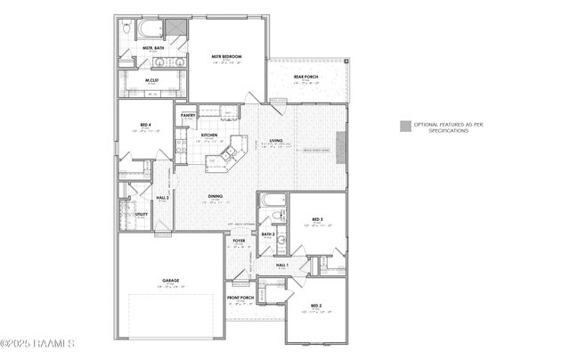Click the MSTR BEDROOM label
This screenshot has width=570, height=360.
pyautogui.click(x=227, y=57)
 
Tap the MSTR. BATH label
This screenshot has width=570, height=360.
pyautogui.click(x=153, y=47)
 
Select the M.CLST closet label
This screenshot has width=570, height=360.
pyautogui.click(x=152, y=80)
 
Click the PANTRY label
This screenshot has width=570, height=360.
pyautogui.click(x=188, y=115)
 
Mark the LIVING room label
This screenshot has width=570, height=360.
pyautogui.click(x=277, y=141)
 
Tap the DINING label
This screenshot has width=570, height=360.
pyautogui.click(x=216, y=196)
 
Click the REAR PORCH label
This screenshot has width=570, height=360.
pyautogui.click(x=306, y=77)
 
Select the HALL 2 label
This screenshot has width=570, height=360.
pyautogui.click(x=163, y=197)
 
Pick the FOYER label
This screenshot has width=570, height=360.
pyautogui.click(x=239, y=241)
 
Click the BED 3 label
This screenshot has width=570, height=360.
pyautogui.click(x=317, y=219)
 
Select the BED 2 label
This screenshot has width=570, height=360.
pyautogui.click(x=316, y=307)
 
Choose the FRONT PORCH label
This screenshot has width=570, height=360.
pyautogui.click(x=241, y=298)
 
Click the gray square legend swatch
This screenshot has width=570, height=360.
pyautogui.click(x=404, y=126)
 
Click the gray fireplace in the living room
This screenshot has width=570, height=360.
pyautogui.click(x=339, y=143)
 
